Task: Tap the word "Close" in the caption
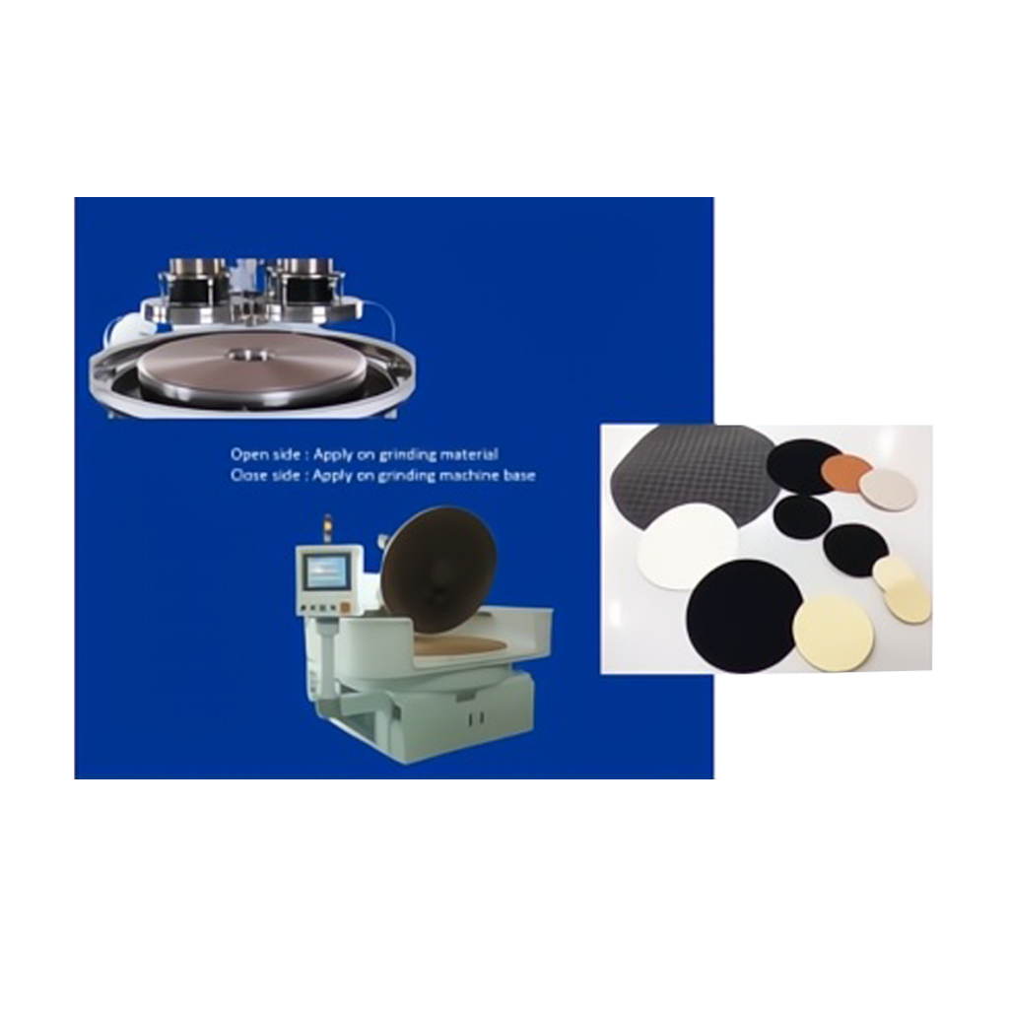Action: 246,476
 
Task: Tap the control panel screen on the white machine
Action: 327,572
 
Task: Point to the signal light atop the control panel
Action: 327,529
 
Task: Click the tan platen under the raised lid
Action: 460,644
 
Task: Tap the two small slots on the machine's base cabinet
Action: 477,717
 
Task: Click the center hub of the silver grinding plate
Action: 247,354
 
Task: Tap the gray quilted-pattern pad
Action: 689,476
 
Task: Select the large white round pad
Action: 688,546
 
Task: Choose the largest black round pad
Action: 743,616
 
